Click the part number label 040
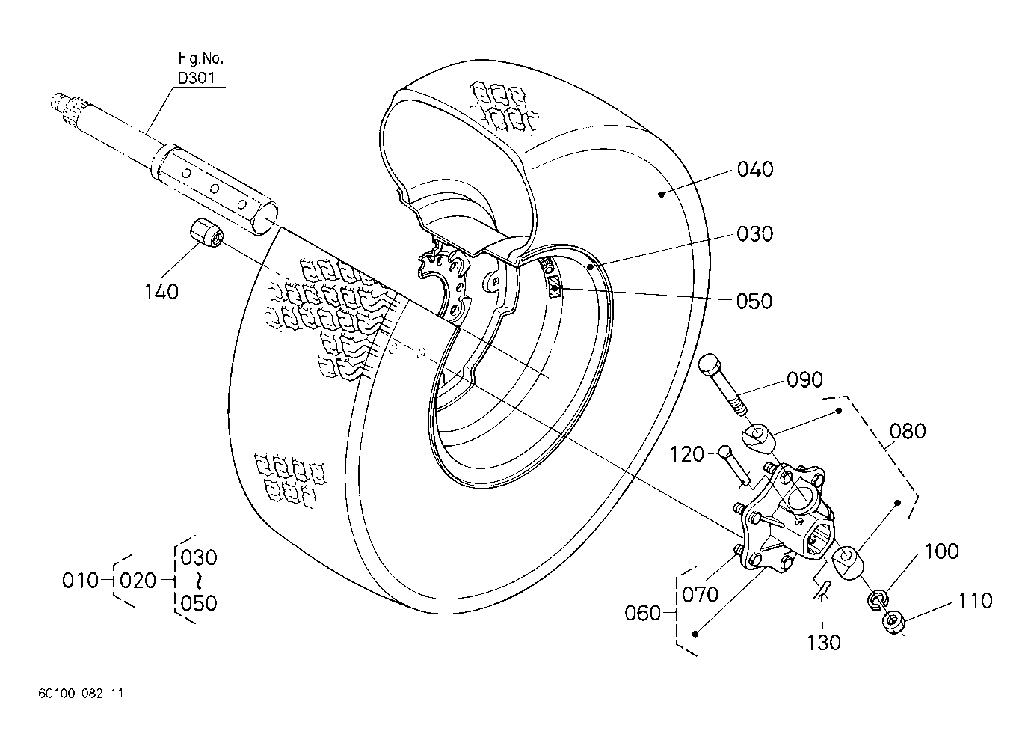coord(755,169)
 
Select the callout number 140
coord(161,292)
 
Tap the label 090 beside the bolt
coord(804,379)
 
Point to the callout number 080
coord(908,431)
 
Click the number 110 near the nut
coord(976,601)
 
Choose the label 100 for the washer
coord(941,551)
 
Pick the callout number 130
coord(824,642)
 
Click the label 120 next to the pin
coord(687,455)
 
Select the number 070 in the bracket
coord(700,595)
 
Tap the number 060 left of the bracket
coord(642,613)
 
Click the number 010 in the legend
coord(81,581)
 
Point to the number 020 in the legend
coord(138,581)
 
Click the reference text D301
coord(197,79)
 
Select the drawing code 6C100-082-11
coord(81,694)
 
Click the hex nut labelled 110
coord(893,623)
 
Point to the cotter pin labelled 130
coord(820,590)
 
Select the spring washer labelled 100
coord(878,599)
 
